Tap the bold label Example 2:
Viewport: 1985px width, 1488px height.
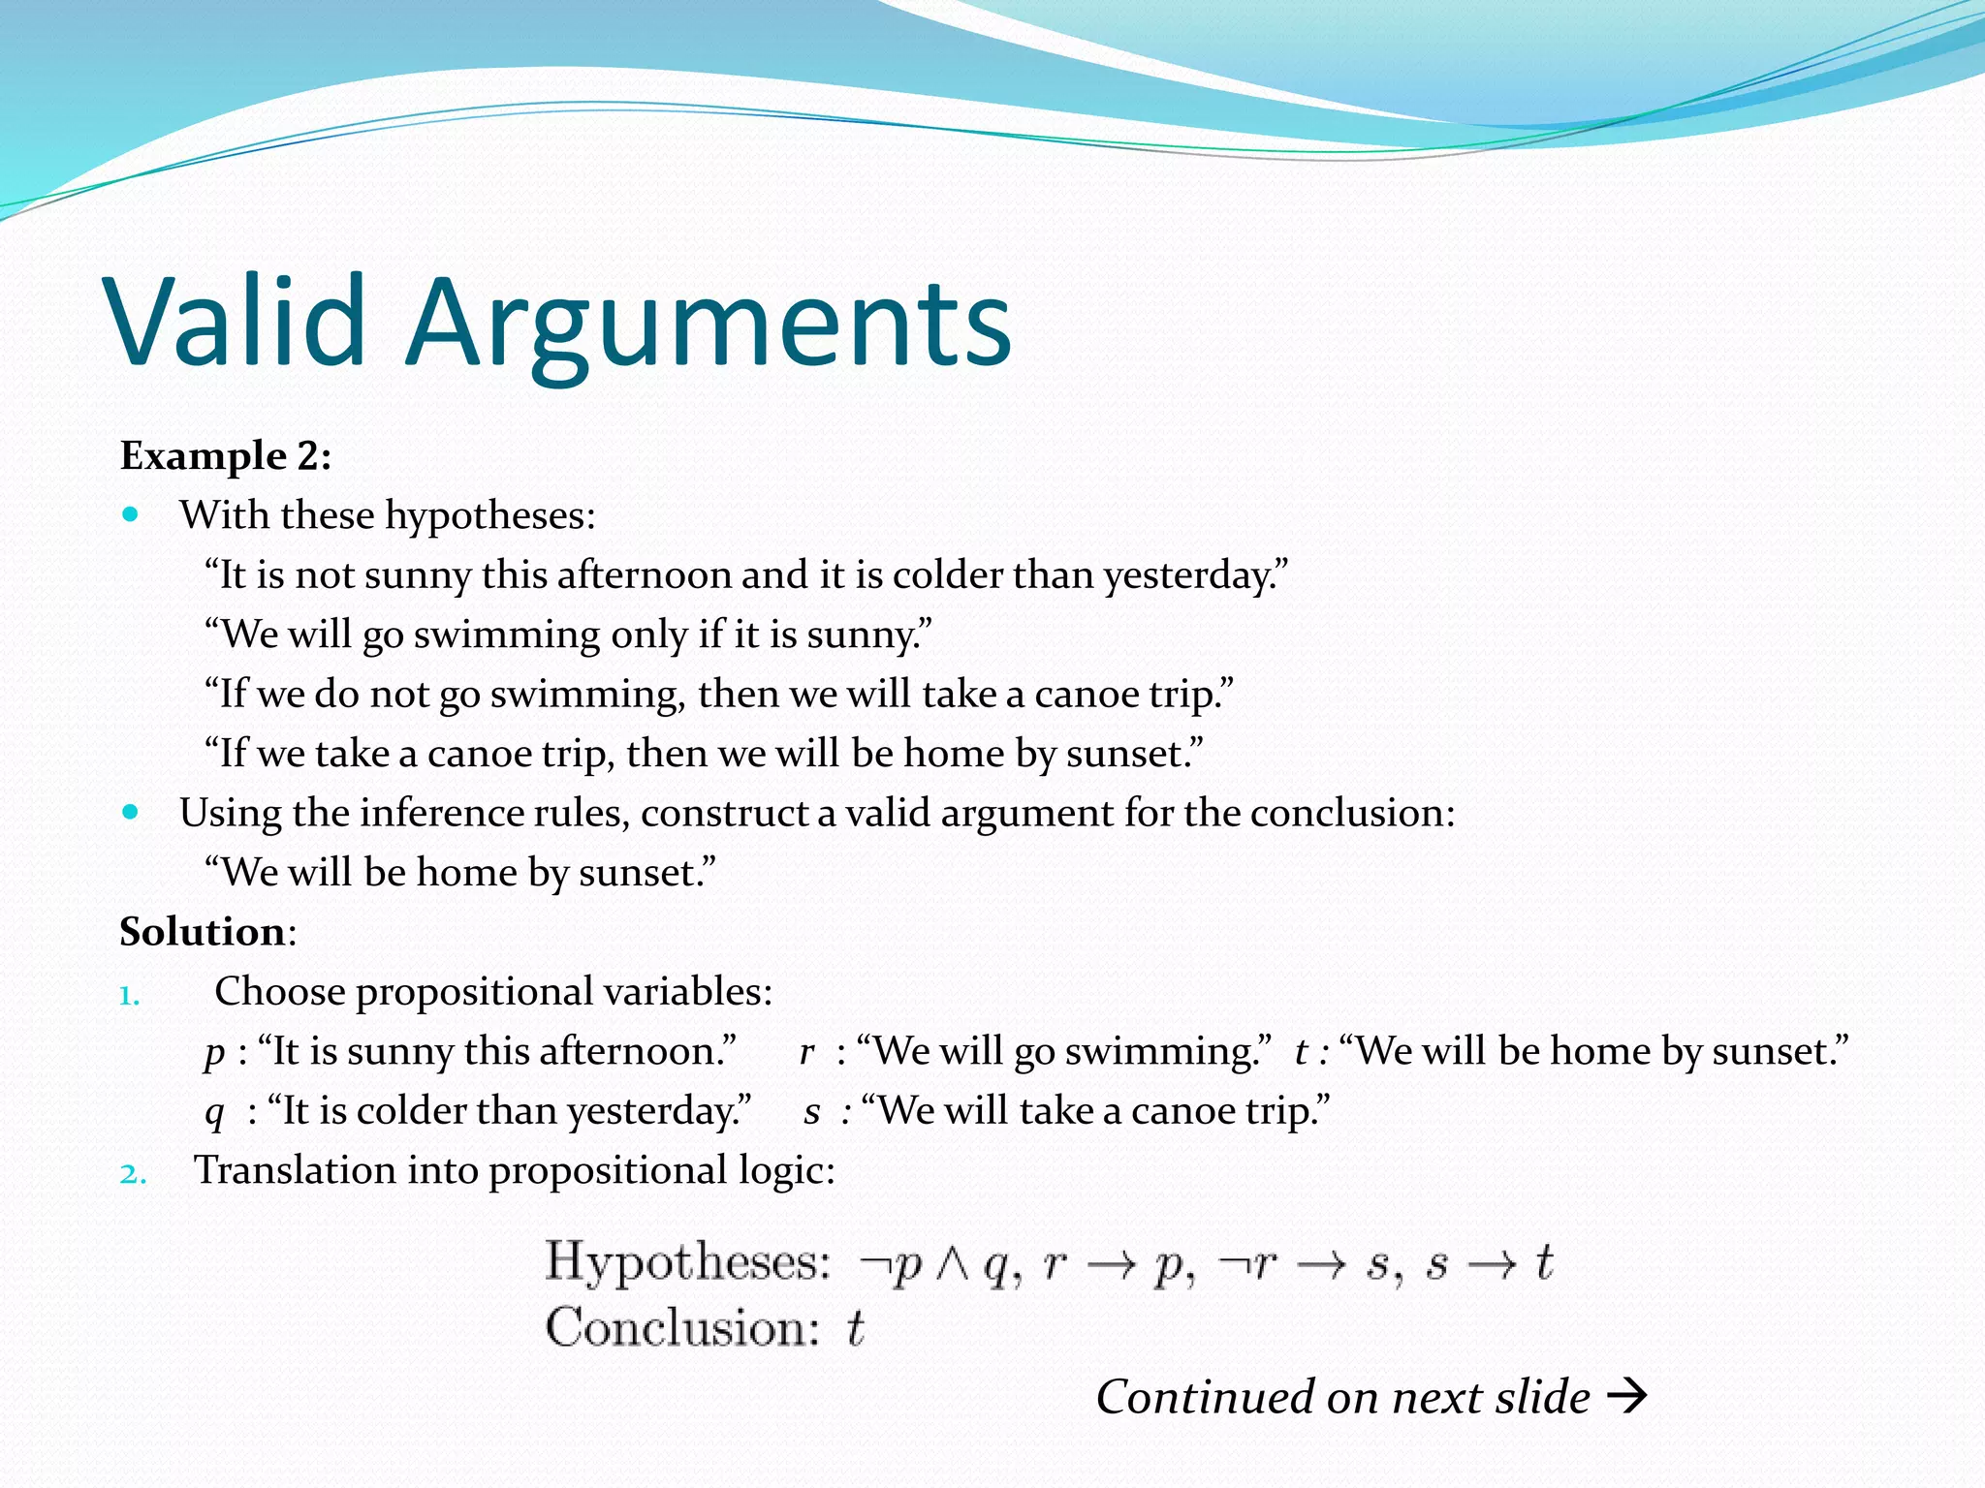[x=225, y=455]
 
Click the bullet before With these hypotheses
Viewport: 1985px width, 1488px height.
[x=131, y=514]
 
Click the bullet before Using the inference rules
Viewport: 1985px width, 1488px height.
[x=131, y=812]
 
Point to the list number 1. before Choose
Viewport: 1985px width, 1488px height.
[x=130, y=996]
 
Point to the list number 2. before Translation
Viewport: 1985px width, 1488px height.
[x=133, y=1174]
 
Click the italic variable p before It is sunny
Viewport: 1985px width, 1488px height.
[x=214, y=1053]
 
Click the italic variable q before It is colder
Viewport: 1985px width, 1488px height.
[x=214, y=1112]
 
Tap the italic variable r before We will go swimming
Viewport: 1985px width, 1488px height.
[x=806, y=1052]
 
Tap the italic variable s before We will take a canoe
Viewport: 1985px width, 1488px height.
[x=812, y=1111]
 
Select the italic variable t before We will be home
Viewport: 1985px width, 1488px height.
[x=1302, y=1052]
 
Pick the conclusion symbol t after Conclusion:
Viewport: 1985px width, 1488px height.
[x=855, y=1328]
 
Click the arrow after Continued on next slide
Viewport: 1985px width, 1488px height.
[x=1626, y=1396]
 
